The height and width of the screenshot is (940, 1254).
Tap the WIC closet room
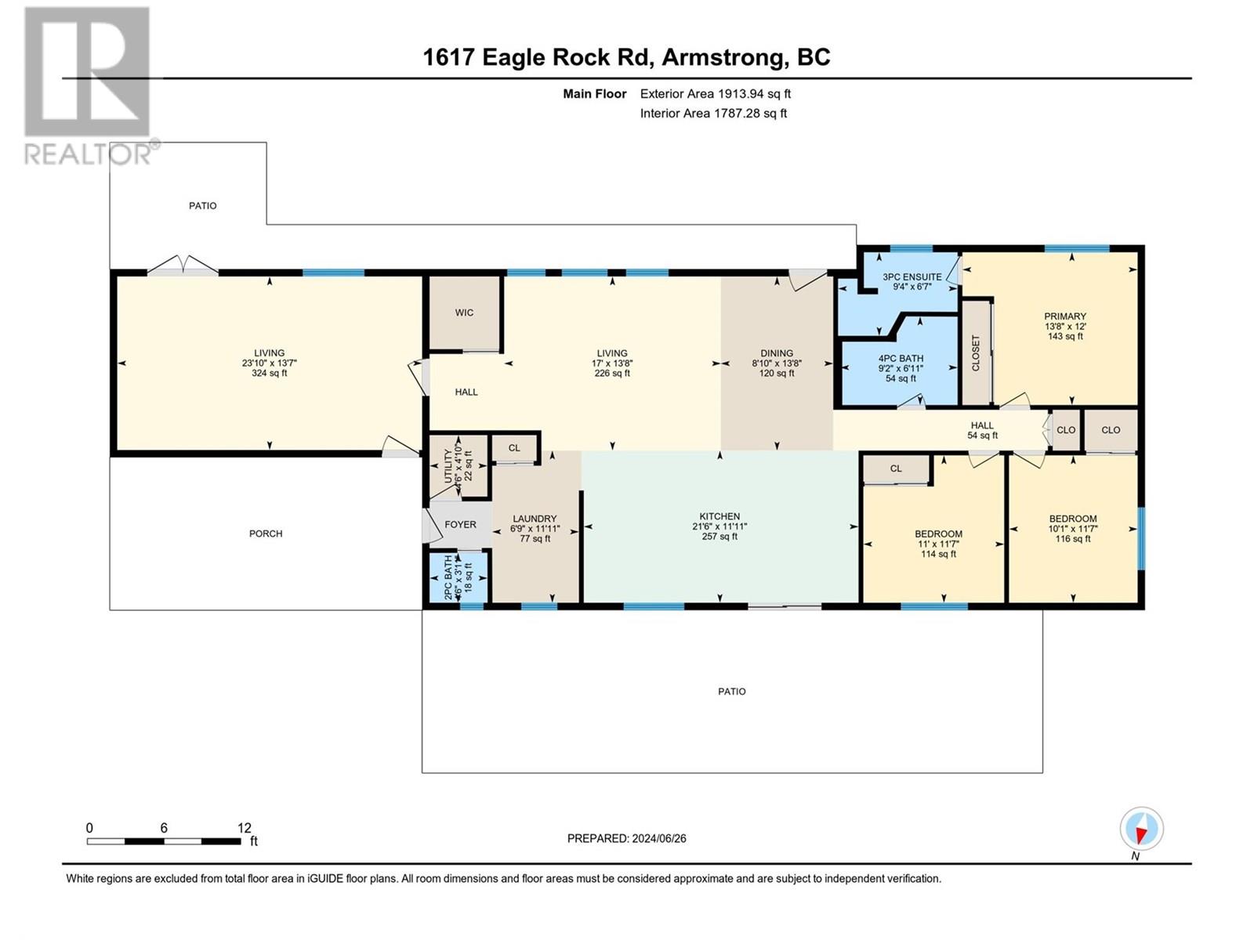(x=465, y=313)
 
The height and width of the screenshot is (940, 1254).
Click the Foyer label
(x=461, y=525)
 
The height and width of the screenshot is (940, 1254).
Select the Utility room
(x=458, y=466)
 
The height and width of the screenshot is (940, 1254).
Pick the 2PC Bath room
(x=458, y=577)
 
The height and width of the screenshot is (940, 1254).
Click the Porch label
(x=266, y=533)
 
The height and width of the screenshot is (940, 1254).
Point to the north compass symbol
(x=1141, y=829)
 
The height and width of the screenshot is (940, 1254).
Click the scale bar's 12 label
(x=245, y=828)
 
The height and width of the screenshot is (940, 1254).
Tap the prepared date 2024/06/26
(x=658, y=838)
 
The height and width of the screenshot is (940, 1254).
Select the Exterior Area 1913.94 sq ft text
(x=716, y=93)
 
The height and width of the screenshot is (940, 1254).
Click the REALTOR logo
(x=89, y=85)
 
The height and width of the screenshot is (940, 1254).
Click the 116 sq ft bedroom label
(x=1073, y=539)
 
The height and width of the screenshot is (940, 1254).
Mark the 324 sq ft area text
(x=269, y=374)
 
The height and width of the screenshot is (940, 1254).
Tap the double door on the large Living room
(x=183, y=266)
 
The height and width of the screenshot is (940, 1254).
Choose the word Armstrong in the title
(x=723, y=58)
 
